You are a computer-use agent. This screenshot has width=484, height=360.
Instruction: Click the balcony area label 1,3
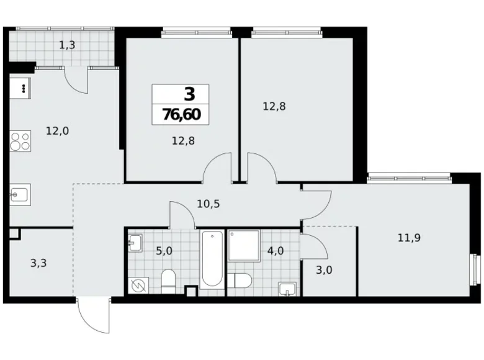pos(68,45)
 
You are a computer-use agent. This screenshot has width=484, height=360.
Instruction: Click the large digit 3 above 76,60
pos(189,94)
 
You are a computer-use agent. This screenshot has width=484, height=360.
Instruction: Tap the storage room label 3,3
pos(38,263)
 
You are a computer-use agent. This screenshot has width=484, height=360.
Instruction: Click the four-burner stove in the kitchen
pos(20,142)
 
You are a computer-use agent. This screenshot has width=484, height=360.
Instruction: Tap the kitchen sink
pos(18,194)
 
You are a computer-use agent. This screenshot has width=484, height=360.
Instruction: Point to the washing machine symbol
pos(138,285)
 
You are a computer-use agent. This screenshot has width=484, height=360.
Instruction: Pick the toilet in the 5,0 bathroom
pos(168,282)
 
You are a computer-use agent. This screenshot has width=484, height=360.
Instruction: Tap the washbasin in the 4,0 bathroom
pos(287,289)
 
